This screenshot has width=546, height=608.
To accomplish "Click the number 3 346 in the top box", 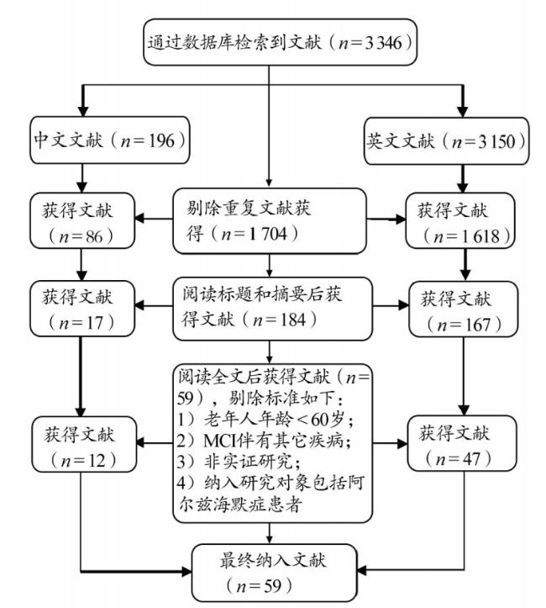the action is pos(383,43).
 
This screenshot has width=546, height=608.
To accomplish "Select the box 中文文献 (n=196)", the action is pos(110,140).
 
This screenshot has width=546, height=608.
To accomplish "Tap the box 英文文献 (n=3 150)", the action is pos(447,141).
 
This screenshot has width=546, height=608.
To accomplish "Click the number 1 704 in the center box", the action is pos(268,234).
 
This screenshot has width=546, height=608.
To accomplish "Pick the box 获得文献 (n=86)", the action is pos(82,220).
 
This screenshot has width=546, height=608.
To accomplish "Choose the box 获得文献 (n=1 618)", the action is pos(460,220).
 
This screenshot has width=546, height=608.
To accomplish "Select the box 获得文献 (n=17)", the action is pos(82,309).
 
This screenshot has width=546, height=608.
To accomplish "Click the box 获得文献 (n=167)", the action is pos(463,309).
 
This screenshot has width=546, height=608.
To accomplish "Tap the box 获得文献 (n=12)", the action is pos(84,444).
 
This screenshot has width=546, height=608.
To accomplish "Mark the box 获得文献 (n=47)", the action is pos(462,443).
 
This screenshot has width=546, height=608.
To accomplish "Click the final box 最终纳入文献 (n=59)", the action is pos(274,573).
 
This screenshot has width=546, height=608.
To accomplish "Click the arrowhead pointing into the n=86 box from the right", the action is pos(139,219).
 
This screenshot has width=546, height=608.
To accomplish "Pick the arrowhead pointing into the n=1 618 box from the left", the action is pos(401,219).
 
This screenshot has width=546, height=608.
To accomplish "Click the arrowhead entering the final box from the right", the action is pos(361,570).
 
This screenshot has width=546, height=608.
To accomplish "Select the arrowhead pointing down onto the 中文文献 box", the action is pos(83,111).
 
